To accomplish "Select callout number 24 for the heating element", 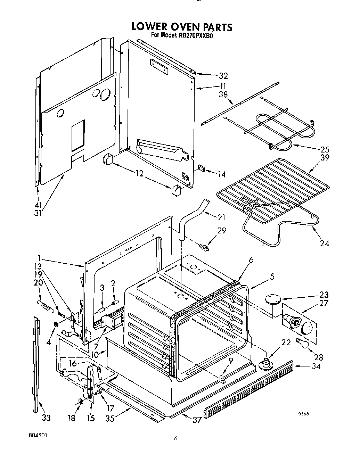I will pos(324,243).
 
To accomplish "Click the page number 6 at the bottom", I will pos(176,439).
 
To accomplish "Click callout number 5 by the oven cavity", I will pos(272,277).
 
